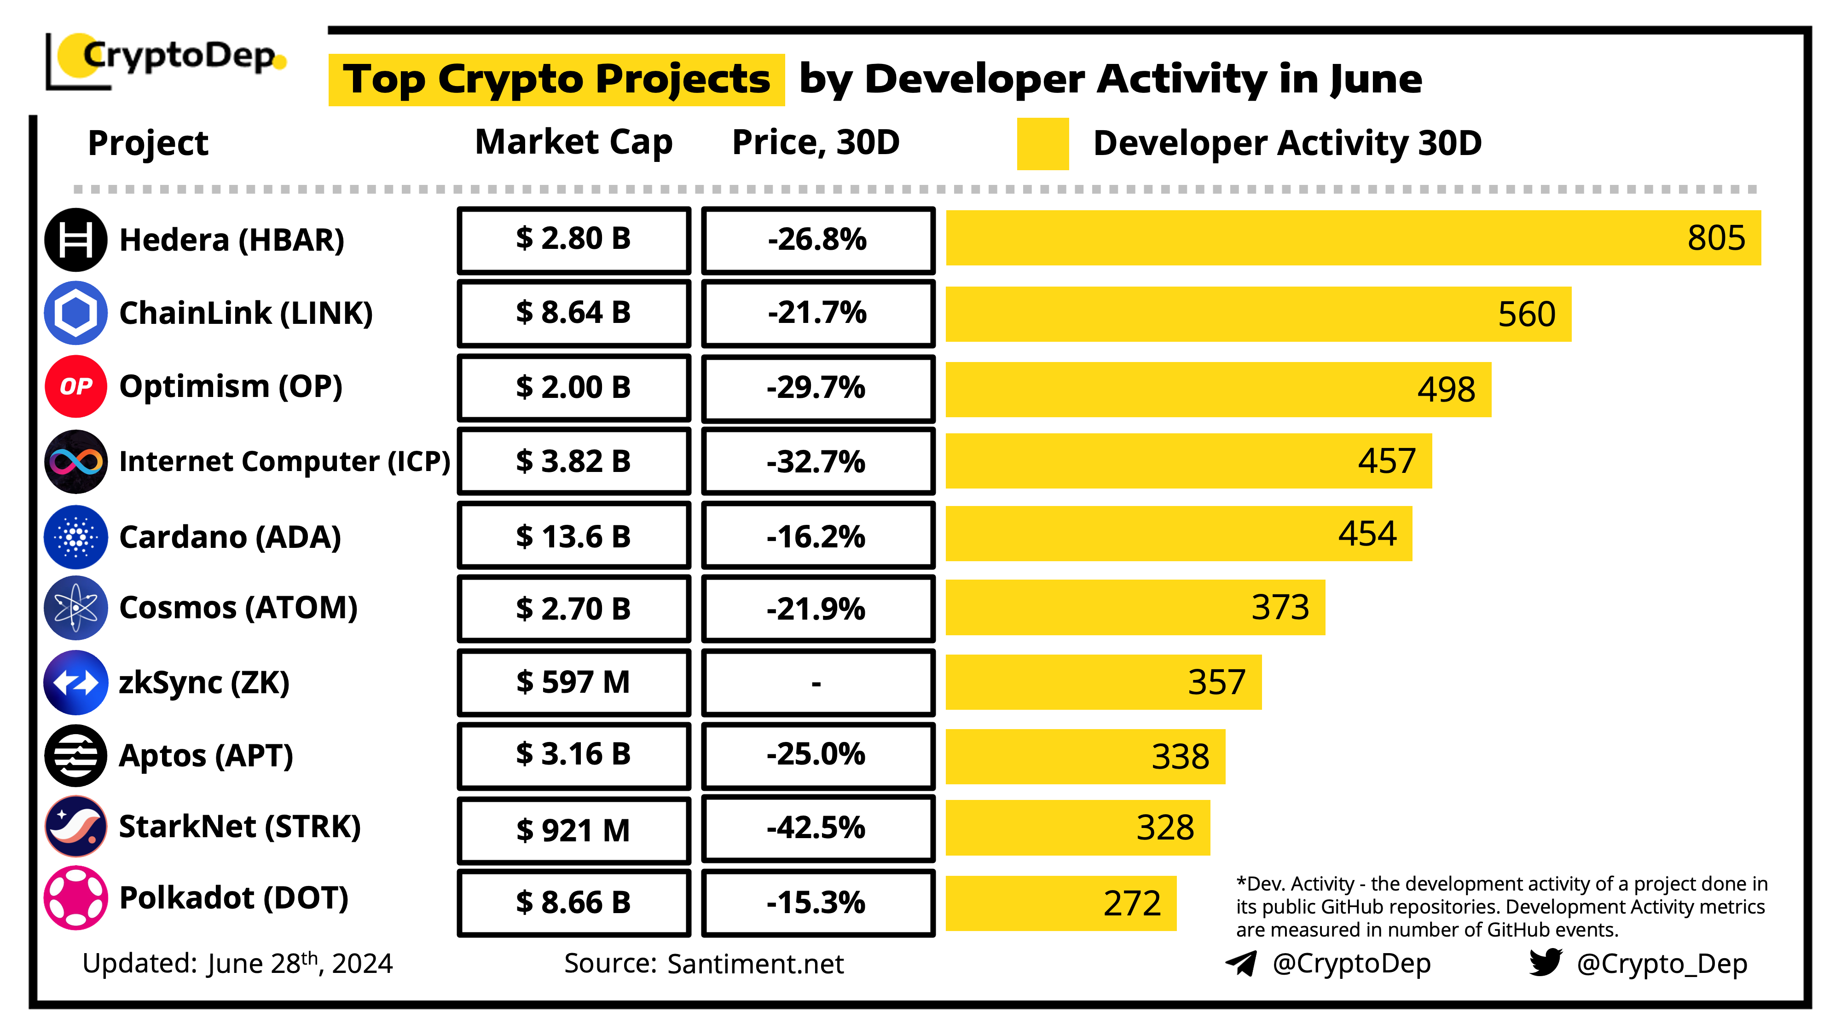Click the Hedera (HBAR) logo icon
point(76,240)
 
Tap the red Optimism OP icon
point(76,386)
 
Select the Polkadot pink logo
point(76,898)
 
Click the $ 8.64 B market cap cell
point(574,313)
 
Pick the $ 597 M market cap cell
point(574,682)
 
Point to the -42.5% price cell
point(817,828)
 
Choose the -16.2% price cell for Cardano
point(817,536)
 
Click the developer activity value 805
point(1715,238)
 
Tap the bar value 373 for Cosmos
point(1280,608)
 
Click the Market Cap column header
point(574,142)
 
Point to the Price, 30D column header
point(816,142)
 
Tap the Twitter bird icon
point(1545,962)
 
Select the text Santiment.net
point(755,964)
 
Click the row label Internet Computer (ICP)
point(284,461)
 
